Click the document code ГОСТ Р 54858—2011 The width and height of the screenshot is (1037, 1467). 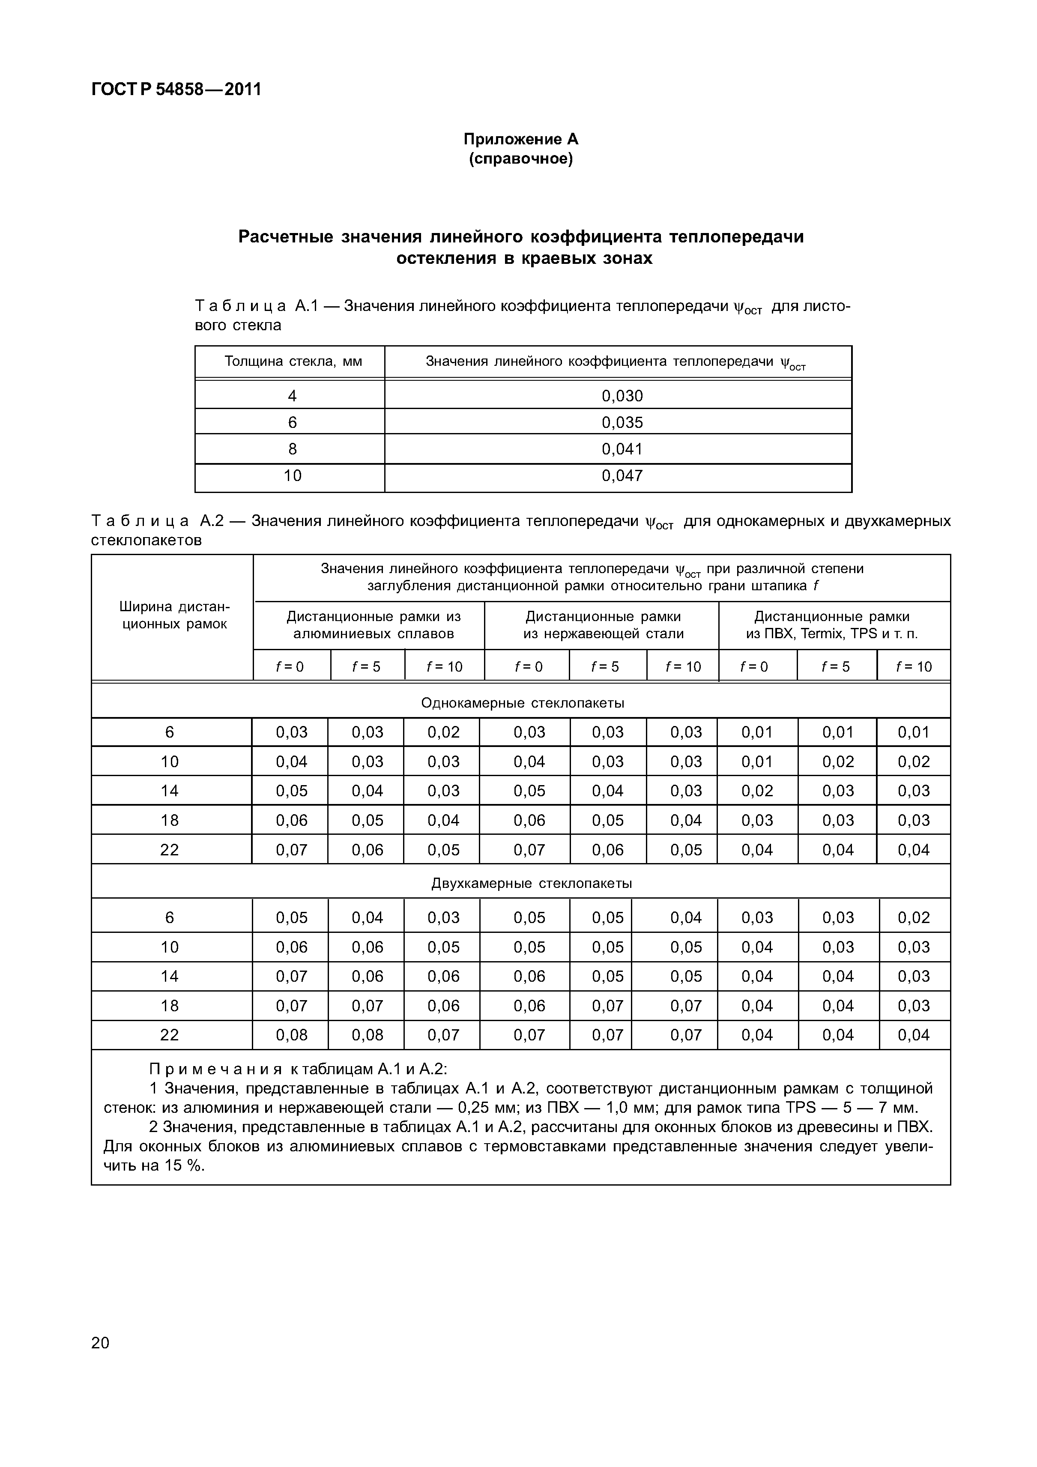(x=176, y=90)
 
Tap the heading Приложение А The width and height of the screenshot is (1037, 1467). (x=521, y=139)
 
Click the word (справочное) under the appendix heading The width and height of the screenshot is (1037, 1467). (x=521, y=159)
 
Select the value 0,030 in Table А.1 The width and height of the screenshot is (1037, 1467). (x=622, y=395)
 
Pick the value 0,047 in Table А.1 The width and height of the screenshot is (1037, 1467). (x=622, y=475)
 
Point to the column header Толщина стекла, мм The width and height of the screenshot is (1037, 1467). (x=293, y=362)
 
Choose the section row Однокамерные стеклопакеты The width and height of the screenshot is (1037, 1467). (x=522, y=703)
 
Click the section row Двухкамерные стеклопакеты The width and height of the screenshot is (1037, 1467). (x=531, y=883)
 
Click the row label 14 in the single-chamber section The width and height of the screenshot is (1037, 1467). (x=169, y=791)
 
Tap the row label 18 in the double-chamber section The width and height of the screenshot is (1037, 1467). (x=169, y=1006)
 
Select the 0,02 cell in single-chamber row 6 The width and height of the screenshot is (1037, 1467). (x=443, y=732)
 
